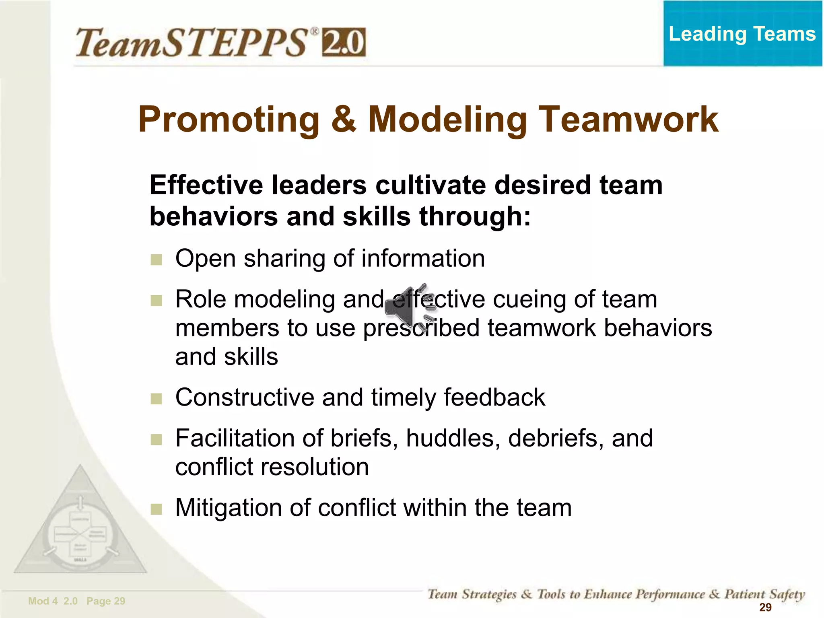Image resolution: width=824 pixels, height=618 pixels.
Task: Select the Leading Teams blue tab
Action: click(742, 34)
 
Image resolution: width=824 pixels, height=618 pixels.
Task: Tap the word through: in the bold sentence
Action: click(475, 216)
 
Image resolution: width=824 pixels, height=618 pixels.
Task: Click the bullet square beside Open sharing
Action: click(156, 260)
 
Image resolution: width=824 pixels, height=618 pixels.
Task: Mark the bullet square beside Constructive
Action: click(156, 399)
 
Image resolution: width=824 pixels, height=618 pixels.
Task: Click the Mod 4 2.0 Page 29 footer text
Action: click(77, 601)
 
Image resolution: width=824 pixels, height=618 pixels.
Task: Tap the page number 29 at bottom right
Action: click(765, 608)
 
